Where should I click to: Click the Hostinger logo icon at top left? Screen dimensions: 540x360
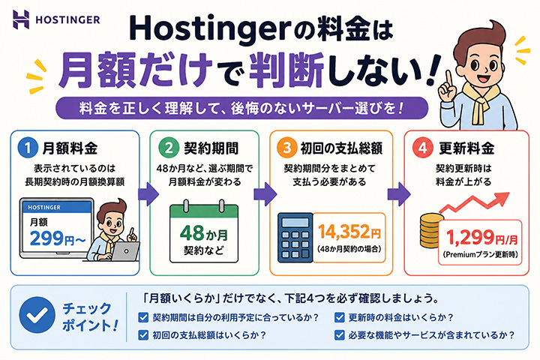[x=21, y=19]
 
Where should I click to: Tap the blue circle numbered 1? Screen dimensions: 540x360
[x=28, y=148]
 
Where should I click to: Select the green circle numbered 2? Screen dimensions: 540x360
[x=169, y=148]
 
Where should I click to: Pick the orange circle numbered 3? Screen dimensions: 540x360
[x=286, y=148]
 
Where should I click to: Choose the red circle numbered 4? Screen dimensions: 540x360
[x=422, y=148]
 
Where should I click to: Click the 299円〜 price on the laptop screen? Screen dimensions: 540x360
[x=58, y=238]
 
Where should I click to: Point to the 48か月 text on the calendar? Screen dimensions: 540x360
[x=204, y=233]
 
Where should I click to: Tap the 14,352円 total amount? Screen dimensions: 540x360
[x=349, y=232]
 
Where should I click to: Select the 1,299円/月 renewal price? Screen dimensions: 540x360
[x=481, y=237]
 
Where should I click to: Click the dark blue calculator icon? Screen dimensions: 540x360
[x=295, y=238]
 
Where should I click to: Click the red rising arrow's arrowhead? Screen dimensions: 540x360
[x=502, y=199]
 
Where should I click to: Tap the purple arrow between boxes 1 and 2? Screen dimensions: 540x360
[x=148, y=194]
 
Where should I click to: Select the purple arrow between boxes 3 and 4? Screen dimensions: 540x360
[x=399, y=194]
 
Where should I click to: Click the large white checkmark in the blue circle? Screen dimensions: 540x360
[x=37, y=315]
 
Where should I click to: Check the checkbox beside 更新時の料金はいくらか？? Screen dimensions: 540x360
[x=340, y=317]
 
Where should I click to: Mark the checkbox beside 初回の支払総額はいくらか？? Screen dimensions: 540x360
[x=143, y=334]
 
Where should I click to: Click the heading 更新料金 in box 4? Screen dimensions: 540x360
[x=466, y=148]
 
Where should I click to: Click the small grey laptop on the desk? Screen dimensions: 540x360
[x=125, y=250]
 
